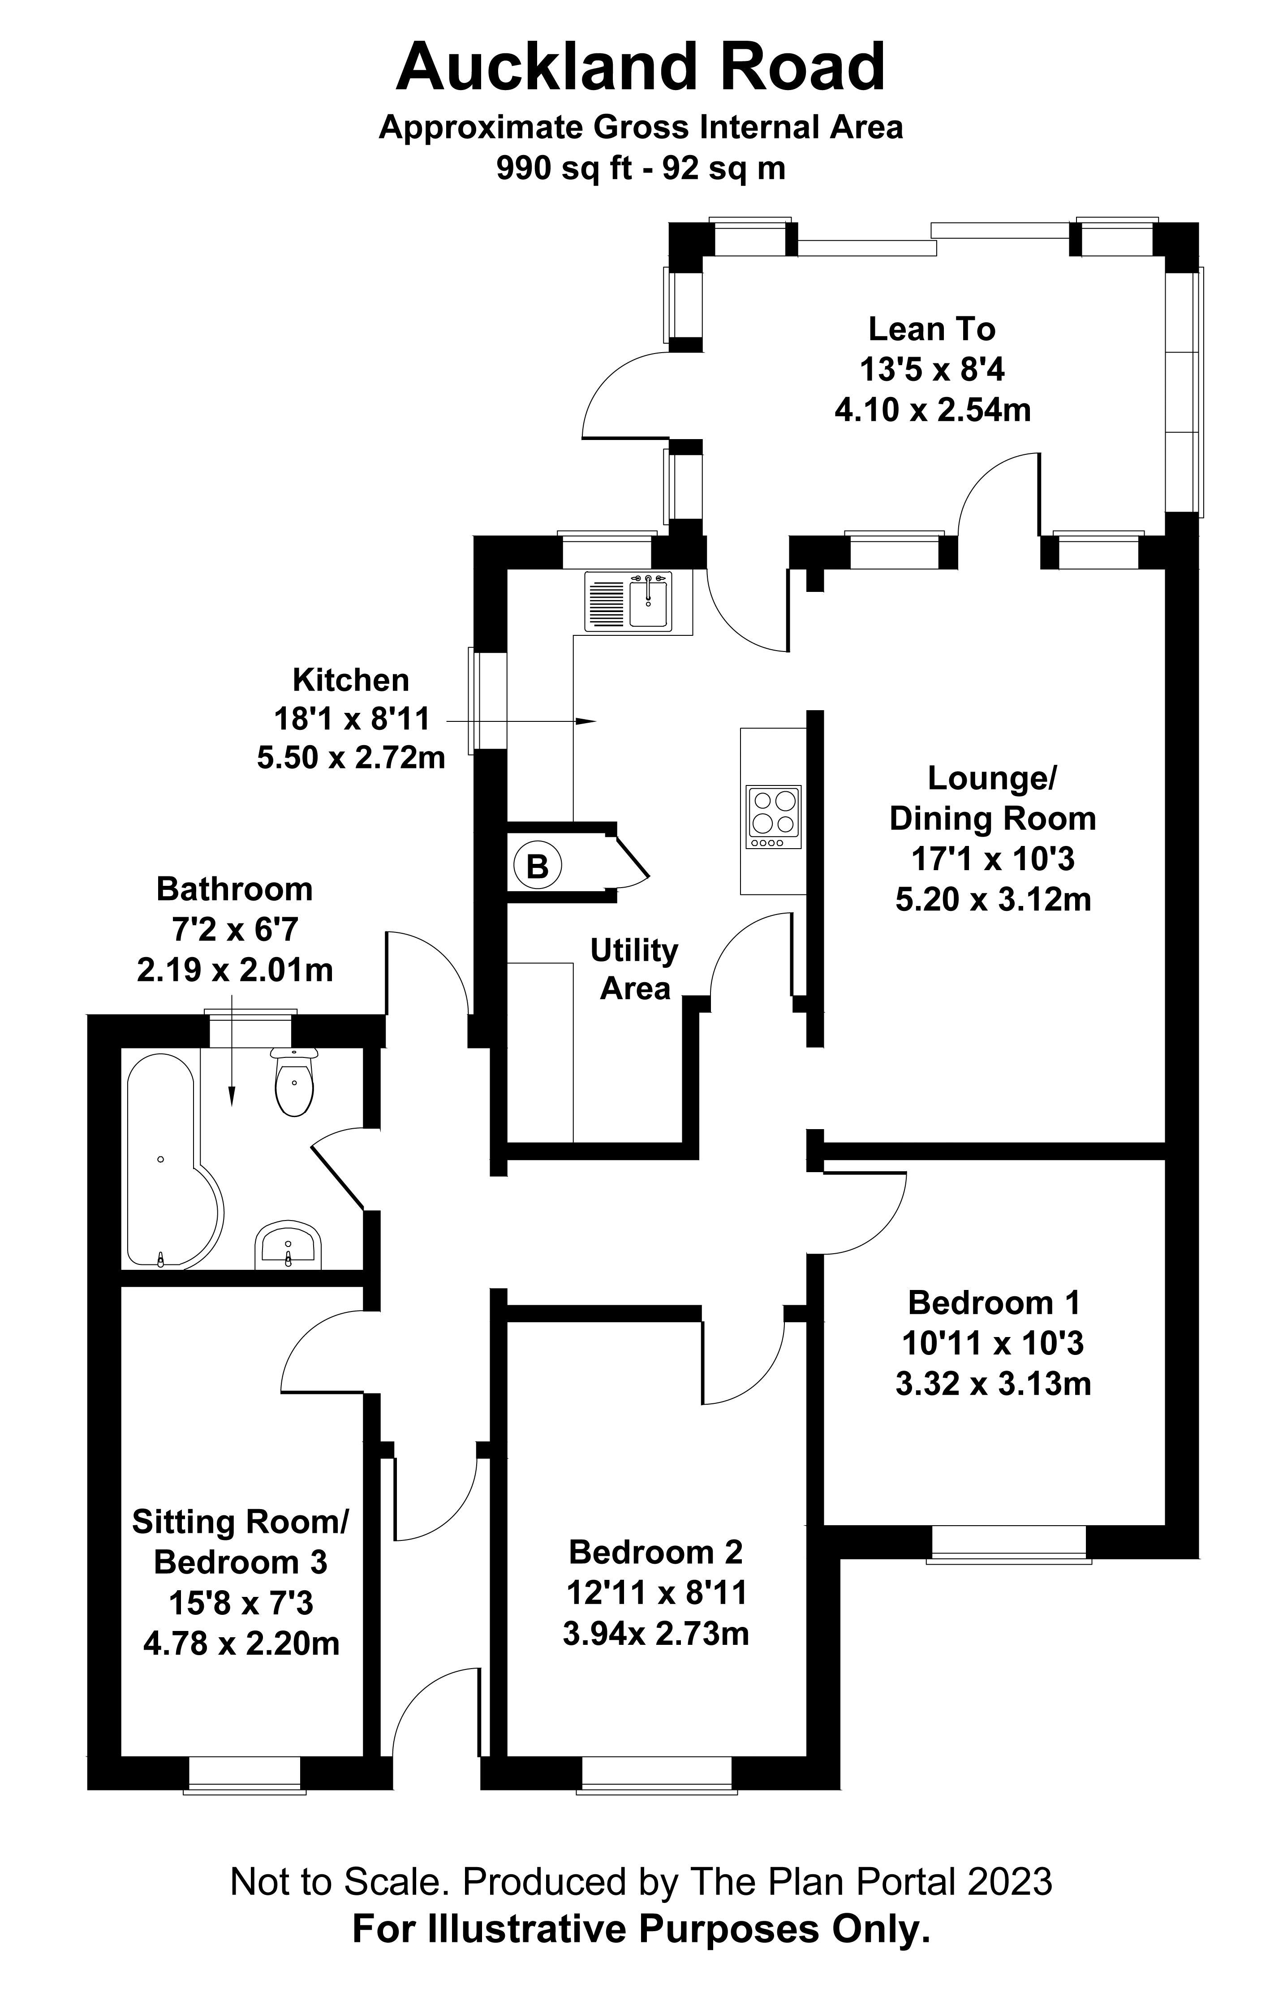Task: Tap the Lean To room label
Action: (931, 329)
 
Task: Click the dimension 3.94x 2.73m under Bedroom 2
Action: (656, 1634)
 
